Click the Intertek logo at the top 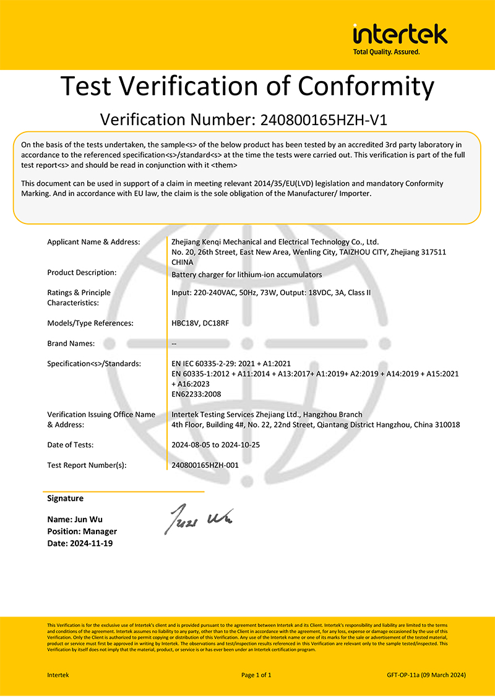pyautogui.click(x=400, y=34)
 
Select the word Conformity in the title pyautogui.click(x=358, y=86)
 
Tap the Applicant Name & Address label pyautogui.click(x=93, y=242)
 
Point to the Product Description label pyautogui.click(x=82, y=272)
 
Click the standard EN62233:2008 pyautogui.click(x=196, y=394)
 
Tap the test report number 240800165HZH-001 pyautogui.click(x=205, y=465)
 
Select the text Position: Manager pyautogui.click(x=82, y=531)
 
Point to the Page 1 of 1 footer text pyautogui.click(x=256, y=675)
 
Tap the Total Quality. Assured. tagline pyautogui.click(x=386, y=52)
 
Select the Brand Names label pyautogui.click(x=71, y=344)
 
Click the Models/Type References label pyautogui.click(x=90, y=323)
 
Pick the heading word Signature pyautogui.click(x=65, y=498)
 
